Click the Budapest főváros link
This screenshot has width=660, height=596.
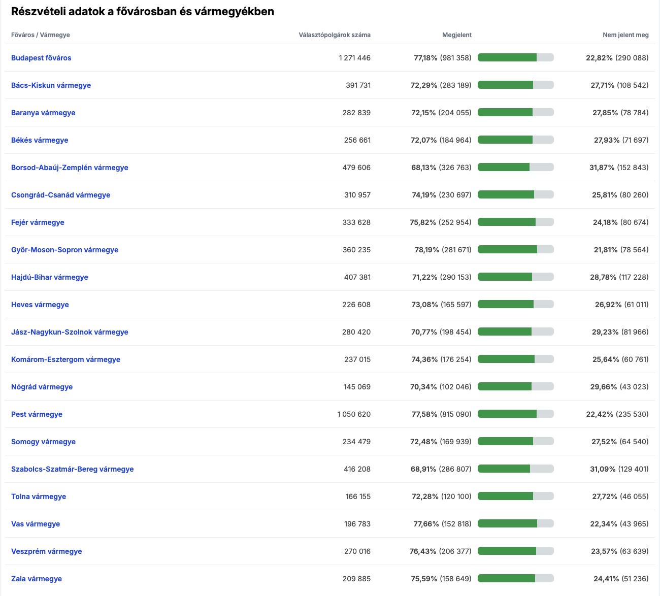coord(41,58)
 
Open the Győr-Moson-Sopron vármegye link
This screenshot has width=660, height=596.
coord(65,250)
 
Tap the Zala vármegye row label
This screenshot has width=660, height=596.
coord(37,579)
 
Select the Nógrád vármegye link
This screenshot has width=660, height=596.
coord(42,387)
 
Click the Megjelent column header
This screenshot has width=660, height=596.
coord(457,35)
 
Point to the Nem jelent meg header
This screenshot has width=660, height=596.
coord(625,35)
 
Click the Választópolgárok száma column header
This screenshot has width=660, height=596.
coord(335,35)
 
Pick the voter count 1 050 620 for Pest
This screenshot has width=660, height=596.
coord(354,414)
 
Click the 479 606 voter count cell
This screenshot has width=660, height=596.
coord(356,168)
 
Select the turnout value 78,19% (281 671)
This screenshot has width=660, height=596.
coord(443,250)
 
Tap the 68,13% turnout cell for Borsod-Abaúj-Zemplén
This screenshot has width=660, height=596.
coord(441,168)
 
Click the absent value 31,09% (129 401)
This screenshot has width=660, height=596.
coord(619,469)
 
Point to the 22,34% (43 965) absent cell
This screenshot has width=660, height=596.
coord(619,523)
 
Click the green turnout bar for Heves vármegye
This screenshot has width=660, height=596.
coord(506,304)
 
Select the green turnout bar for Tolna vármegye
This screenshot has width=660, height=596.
coord(505,496)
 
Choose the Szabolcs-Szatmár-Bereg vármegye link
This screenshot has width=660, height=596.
coord(73,469)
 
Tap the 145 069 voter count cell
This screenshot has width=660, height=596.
coord(357,387)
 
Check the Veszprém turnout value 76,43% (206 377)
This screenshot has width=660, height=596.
coord(441,551)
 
